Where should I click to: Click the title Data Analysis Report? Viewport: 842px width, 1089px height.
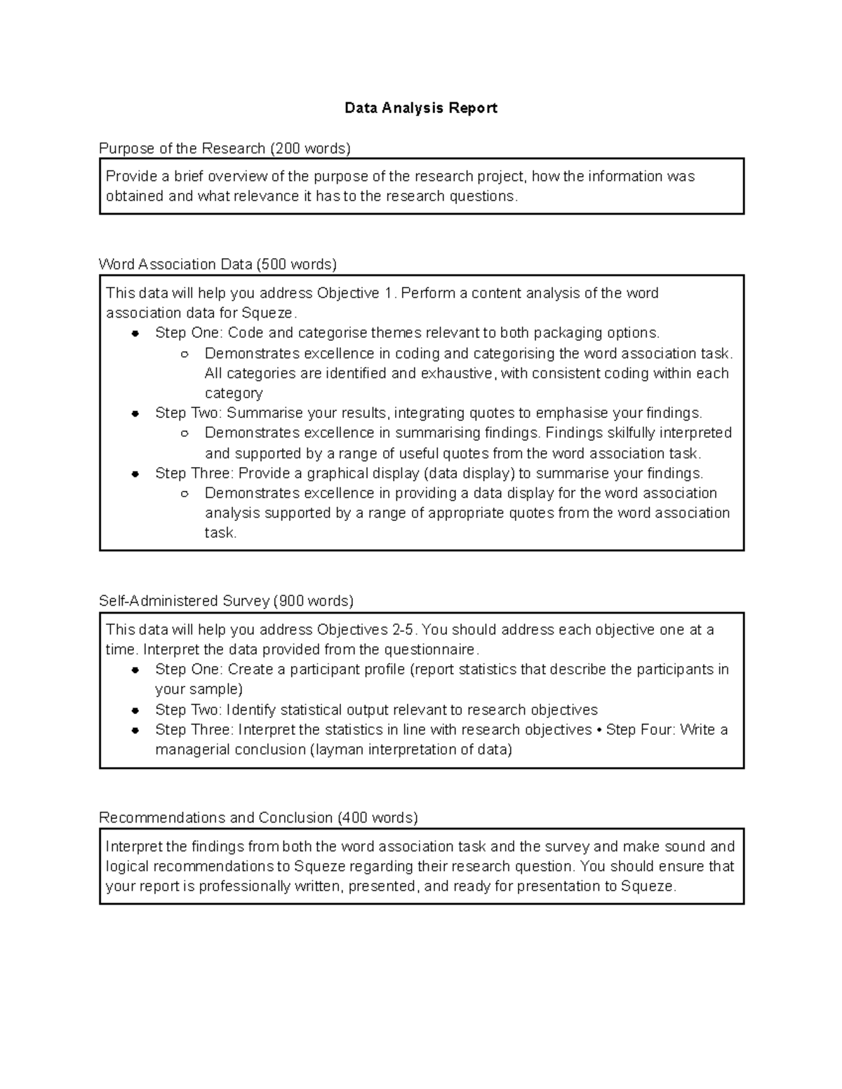click(420, 108)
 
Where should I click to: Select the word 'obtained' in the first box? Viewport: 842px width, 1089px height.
click(134, 196)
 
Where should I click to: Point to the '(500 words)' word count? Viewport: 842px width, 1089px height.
click(296, 264)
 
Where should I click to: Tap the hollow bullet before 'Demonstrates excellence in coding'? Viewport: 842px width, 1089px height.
click(185, 354)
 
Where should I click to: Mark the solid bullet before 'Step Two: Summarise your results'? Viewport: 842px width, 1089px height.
click(135, 414)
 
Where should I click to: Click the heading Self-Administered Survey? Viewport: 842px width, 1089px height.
click(184, 601)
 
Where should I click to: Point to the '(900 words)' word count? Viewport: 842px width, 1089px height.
click(313, 601)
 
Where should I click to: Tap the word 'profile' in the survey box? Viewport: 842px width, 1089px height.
click(383, 669)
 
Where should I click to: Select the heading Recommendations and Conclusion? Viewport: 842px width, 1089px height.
click(215, 818)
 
